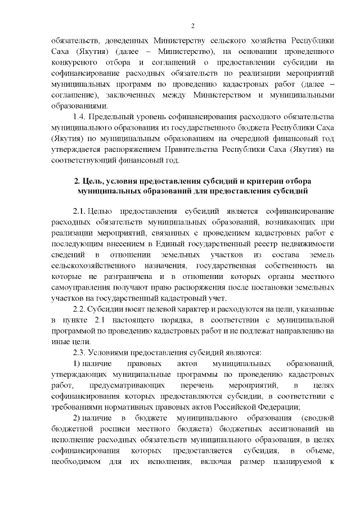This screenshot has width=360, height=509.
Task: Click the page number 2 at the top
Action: point(192,25)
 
